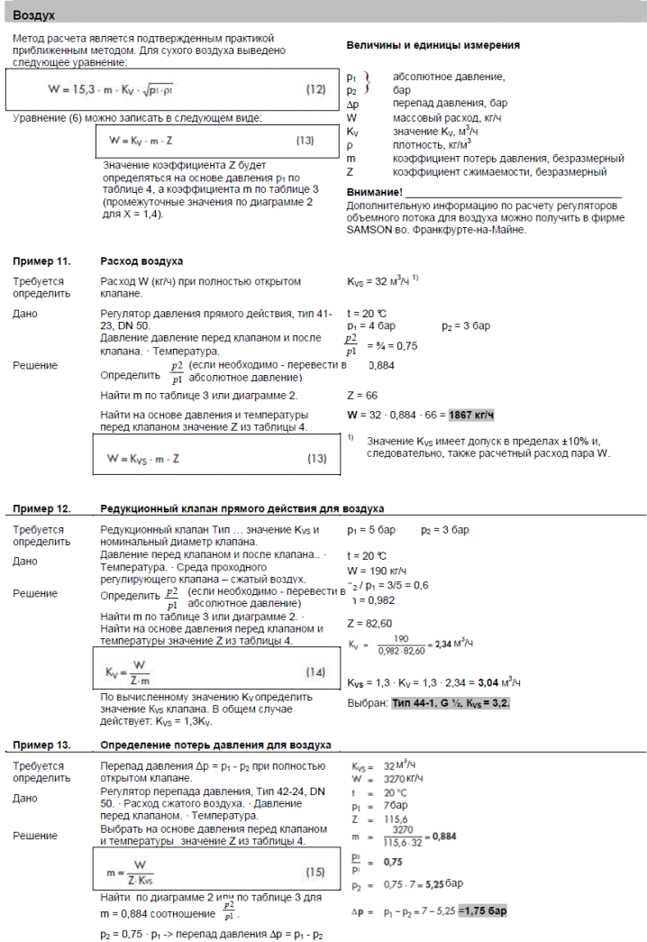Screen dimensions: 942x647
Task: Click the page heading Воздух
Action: tap(36, 15)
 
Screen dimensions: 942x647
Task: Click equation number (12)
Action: tap(315, 88)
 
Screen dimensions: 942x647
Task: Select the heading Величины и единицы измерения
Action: tap(433, 45)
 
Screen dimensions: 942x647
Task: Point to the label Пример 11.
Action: tap(41, 261)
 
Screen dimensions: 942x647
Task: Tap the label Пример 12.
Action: tap(41, 508)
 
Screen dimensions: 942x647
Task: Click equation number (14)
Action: tap(314, 672)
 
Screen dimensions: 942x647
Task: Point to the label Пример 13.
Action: tap(41, 744)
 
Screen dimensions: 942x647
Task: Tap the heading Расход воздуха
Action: tap(141, 261)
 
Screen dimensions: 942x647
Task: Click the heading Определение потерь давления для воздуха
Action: tap(215, 744)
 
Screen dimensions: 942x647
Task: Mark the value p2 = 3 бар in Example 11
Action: tap(467, 325)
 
